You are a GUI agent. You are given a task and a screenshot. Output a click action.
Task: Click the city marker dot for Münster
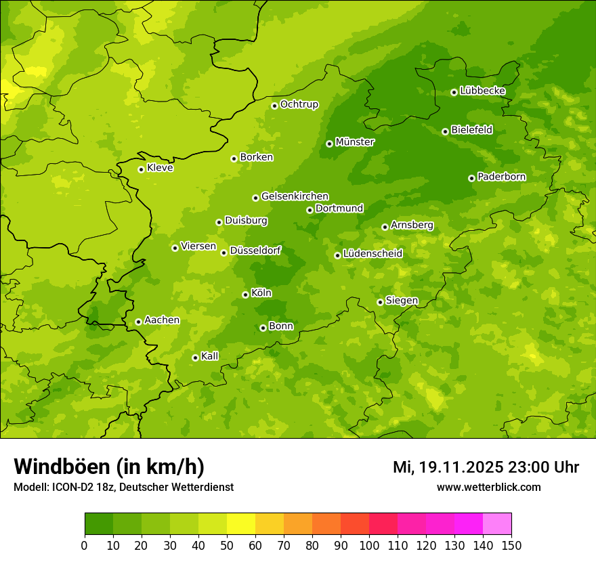[330, 144]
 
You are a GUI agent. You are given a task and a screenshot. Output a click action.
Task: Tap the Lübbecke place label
[482, 91]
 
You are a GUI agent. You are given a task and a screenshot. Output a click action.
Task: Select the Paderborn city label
[501, 177]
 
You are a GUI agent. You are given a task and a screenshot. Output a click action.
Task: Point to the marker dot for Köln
[245, 295]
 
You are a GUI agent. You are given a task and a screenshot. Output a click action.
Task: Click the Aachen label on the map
[162, 320]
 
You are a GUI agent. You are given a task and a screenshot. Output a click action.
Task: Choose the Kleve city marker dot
[141, 169]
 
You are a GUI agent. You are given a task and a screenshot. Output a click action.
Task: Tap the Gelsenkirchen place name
[295, 196]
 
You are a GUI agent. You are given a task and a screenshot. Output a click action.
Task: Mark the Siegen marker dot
[380, 302]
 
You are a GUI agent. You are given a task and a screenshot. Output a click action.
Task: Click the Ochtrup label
[299, 104]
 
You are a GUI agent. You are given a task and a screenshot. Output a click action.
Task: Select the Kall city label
[210, 356]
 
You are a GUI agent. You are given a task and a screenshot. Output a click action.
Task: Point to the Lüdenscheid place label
[372, 254]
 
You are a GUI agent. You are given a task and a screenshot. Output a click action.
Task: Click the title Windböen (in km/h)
[108, 467]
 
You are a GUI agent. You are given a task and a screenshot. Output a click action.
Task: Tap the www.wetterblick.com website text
[488, 487]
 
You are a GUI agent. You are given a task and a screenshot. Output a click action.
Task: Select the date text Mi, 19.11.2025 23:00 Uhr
[486, 467]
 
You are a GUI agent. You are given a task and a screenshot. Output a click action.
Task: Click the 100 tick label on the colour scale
[369, 545]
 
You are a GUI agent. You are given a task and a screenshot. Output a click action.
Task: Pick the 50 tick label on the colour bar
[227, 545]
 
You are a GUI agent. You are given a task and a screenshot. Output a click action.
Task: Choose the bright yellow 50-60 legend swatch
[241, 524]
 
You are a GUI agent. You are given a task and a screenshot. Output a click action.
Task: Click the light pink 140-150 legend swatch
[497, 524]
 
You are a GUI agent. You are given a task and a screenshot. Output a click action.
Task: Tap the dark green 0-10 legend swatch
[99, 524]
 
